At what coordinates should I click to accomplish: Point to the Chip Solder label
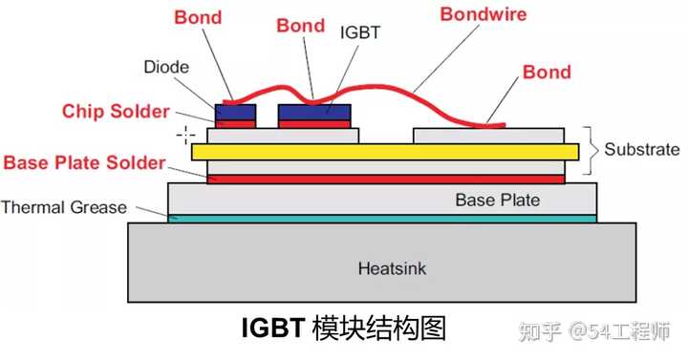116,111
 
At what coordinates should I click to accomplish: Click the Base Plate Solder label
85,162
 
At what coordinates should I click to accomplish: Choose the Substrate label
642,150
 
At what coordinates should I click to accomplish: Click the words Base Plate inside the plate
497,200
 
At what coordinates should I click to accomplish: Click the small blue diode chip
235,112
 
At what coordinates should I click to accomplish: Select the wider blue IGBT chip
314,111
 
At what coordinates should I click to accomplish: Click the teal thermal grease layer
382,219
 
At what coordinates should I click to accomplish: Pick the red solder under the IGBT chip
314,123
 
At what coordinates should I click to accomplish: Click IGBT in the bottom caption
272,328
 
